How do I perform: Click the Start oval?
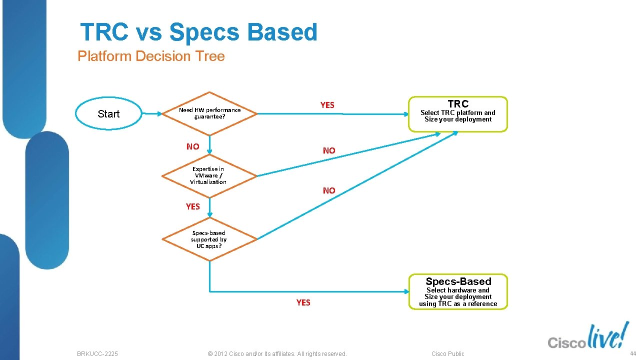tap(108, 114)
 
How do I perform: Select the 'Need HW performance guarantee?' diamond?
tap(209, 113)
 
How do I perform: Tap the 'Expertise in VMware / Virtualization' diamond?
tap(208, 175)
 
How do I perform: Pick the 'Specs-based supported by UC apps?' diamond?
tap(208, 239)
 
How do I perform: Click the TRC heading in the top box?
tap(458, 104)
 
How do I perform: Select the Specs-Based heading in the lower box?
tap(458, 281)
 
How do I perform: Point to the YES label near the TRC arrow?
tap(327, 105)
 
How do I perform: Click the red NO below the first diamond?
tap(192, 146)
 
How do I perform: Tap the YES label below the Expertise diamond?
tap(192, 206)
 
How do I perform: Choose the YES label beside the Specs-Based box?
tap(303, 302)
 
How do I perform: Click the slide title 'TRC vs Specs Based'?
tap(198, 32)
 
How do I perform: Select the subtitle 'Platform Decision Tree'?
tap(151, 56)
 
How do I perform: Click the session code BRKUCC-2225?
tap(97, 353)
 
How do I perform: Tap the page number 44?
tap(632, 353)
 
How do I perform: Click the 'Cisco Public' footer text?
tap(447, 353)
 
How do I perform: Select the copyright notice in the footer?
tap(276, 353)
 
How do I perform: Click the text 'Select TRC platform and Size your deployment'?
tap(458, 116)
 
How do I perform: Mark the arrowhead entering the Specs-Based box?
tap(405, 291)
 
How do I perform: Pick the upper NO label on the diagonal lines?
tap(329, 150)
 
